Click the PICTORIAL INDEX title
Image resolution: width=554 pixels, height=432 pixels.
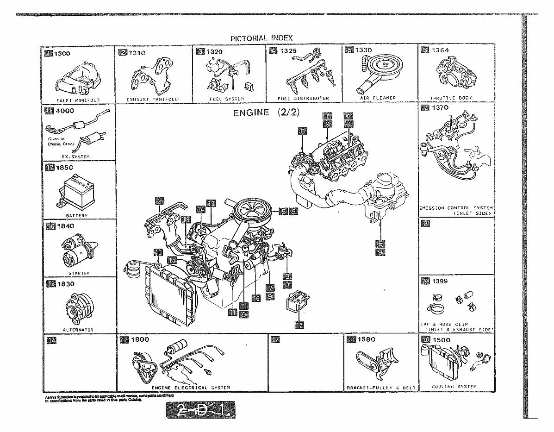[x=261, y=38]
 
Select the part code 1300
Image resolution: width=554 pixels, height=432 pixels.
[x=62, y=53]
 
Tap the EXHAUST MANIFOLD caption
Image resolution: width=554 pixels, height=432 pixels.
[x=153, y=99]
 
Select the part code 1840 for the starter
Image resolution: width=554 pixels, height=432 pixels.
[x=65, y=226]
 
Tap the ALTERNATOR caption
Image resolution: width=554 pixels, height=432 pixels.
[x=78, y=330]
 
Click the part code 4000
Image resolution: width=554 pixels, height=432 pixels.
[x=65, y=111]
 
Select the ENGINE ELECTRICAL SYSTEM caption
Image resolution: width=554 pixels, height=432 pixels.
[x=191, y=387]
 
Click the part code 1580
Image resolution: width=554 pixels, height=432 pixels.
[x=367, y=339]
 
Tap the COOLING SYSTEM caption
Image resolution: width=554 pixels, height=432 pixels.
[x=454, y=386]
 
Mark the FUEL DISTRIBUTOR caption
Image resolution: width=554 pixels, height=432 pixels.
[x=303, y=99]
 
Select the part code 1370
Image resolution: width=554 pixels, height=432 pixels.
[x=440, y=108]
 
